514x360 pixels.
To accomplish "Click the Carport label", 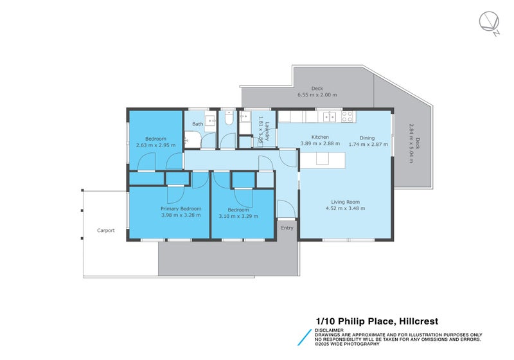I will point(106,230).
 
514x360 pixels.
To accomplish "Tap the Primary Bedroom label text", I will point(181,209).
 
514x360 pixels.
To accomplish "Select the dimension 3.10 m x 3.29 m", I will point(238,216).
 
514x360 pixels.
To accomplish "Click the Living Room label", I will point(346,202).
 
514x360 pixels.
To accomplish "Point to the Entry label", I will point(287,228).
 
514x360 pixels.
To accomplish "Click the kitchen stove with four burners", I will point(347,117).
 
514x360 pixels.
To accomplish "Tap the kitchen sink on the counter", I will point(330,117).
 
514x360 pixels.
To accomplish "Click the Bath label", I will point(197,124).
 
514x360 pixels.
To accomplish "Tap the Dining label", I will point(367,138).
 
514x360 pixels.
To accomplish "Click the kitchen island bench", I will point(321,161).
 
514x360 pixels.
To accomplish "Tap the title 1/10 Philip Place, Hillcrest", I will point(377,321).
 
